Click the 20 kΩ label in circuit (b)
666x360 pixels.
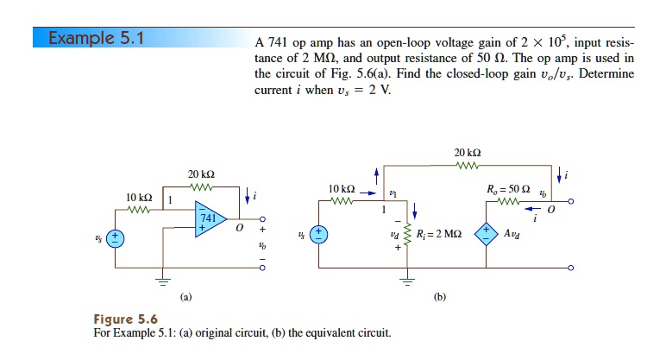pyautogui.click(x=466, y=153)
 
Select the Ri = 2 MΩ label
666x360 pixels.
pyautogui.click(x=438, y=234)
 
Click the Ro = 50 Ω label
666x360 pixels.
pyautogui.click(x=505, y=189)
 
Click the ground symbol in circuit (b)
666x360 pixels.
pyautogui.click(x=409, y=280)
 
